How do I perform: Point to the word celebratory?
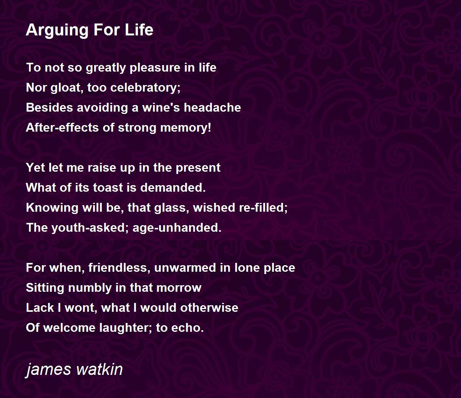pos(145,87)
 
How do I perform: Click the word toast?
pos(108,187)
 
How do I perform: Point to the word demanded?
pos(173,187)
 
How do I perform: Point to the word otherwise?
pos(209,308)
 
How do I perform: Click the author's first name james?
pos(48,370)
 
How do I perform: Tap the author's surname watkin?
pos(99,369)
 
